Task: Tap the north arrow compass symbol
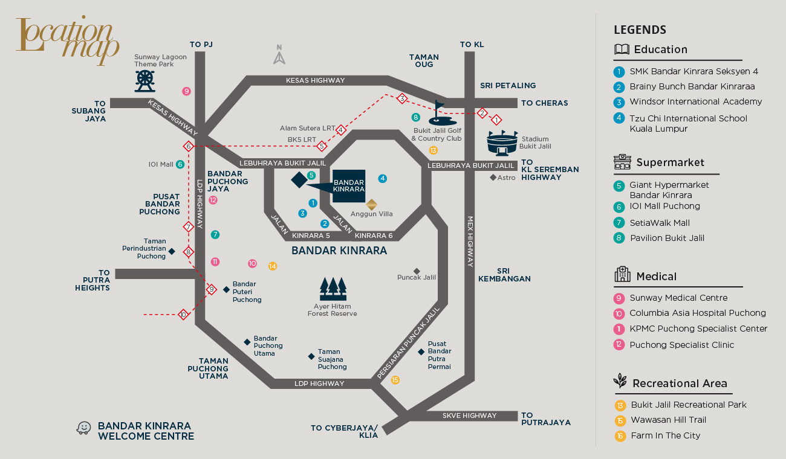[x=279, y=55]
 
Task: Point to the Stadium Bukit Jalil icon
[x=503, y=144]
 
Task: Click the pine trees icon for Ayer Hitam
[x=333, y=289]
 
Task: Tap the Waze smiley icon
[x=83, y=428]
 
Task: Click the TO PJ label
[x=201, y=44]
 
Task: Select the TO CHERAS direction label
[x=544, y=103]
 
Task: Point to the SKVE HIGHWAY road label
[x=469, y=416]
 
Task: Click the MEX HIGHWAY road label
[x=470, y=242]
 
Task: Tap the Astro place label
[x=506, y=178]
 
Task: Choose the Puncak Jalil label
[x=417, y=277]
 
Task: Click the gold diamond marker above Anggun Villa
[x=372, y=204]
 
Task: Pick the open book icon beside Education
[x=622, y=50]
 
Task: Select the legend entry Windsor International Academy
[x=695, y=101]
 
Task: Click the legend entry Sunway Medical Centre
[x=678, y=298]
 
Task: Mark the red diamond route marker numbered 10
[x=183, y=314]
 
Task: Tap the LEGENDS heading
[x=640, y=30]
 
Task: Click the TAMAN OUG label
[x=424, y=61]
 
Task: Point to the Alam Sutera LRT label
[x=307, y=128]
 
